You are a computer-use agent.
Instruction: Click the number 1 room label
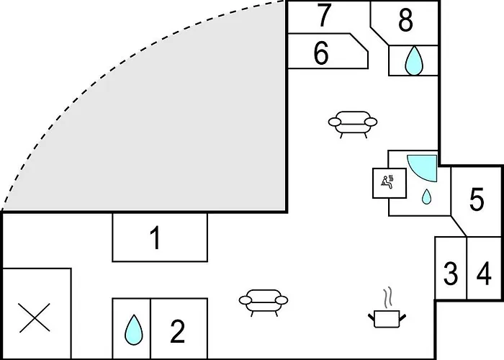[156, 238]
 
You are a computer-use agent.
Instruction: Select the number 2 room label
[177, 331]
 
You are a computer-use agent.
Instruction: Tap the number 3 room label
[451, 273]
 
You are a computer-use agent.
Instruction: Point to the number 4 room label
[484, 273]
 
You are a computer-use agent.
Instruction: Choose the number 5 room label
[477, 199]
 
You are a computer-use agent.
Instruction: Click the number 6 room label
[321, 53]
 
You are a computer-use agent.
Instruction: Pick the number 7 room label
[324, 15]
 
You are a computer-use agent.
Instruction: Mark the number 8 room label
[405, 21]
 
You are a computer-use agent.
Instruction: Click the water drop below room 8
[414, 60]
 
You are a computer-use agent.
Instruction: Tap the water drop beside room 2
[133, 330]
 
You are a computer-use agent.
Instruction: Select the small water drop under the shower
[426, 197]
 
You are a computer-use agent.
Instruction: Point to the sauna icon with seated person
[390, 183]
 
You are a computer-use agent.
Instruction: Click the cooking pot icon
[387, 319]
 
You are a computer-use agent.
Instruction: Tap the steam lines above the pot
[388, 297]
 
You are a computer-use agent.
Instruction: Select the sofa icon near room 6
[353, 124]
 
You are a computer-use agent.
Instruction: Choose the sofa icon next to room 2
[264, 302]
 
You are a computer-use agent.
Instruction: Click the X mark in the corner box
[35, 318]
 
